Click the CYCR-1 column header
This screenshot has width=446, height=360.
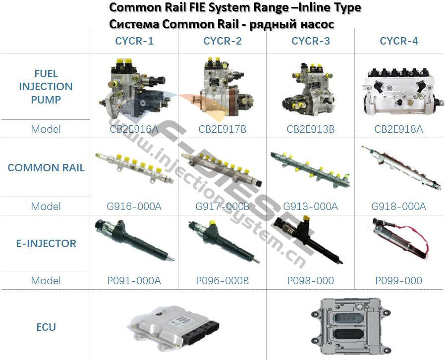coord(134,41)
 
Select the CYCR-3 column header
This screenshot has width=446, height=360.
coord(311,41)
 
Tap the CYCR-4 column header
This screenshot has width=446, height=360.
coord(399,41)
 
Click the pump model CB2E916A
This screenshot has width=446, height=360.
coord(134,129)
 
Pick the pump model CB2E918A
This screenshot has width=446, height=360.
coord(399,129)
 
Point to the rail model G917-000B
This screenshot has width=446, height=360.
coord(223,206)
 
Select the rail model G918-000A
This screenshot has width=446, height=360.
coord(399,206)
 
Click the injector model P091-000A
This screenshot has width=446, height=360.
coord(134,281)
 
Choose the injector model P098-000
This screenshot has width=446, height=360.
coord(311,281)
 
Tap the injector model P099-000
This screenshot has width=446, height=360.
coord(399,281)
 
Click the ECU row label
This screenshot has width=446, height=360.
coord(46,327)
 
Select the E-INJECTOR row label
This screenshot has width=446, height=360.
coord(46,244)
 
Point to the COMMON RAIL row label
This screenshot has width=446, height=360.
coord(46,168)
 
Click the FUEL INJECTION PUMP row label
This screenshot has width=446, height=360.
coord(46,87)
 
